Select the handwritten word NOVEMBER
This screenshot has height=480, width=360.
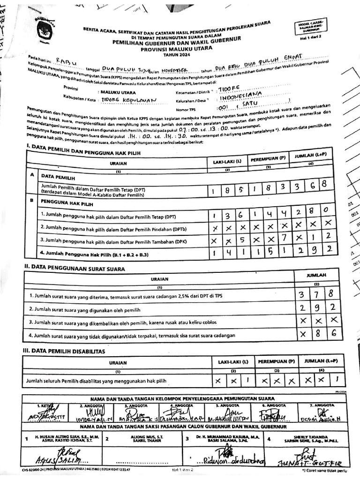pyautogui.click(x=174, y=69)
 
